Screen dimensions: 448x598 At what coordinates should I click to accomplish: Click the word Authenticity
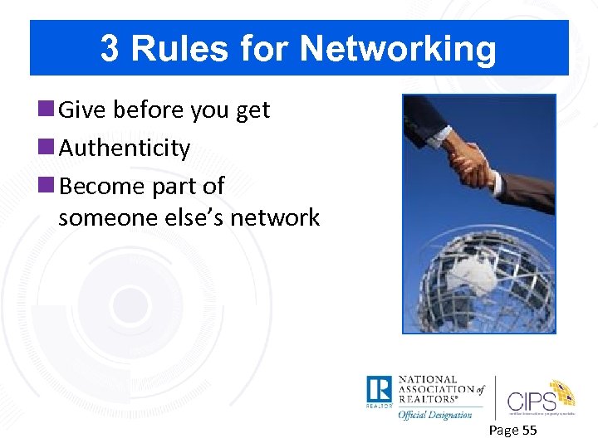tap(125, 149)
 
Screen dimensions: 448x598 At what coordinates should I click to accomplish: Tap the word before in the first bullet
tap(142, 110)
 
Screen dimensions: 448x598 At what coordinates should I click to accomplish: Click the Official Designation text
tap(435, 414)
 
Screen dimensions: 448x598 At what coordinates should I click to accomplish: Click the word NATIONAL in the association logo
tap(429, 380)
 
